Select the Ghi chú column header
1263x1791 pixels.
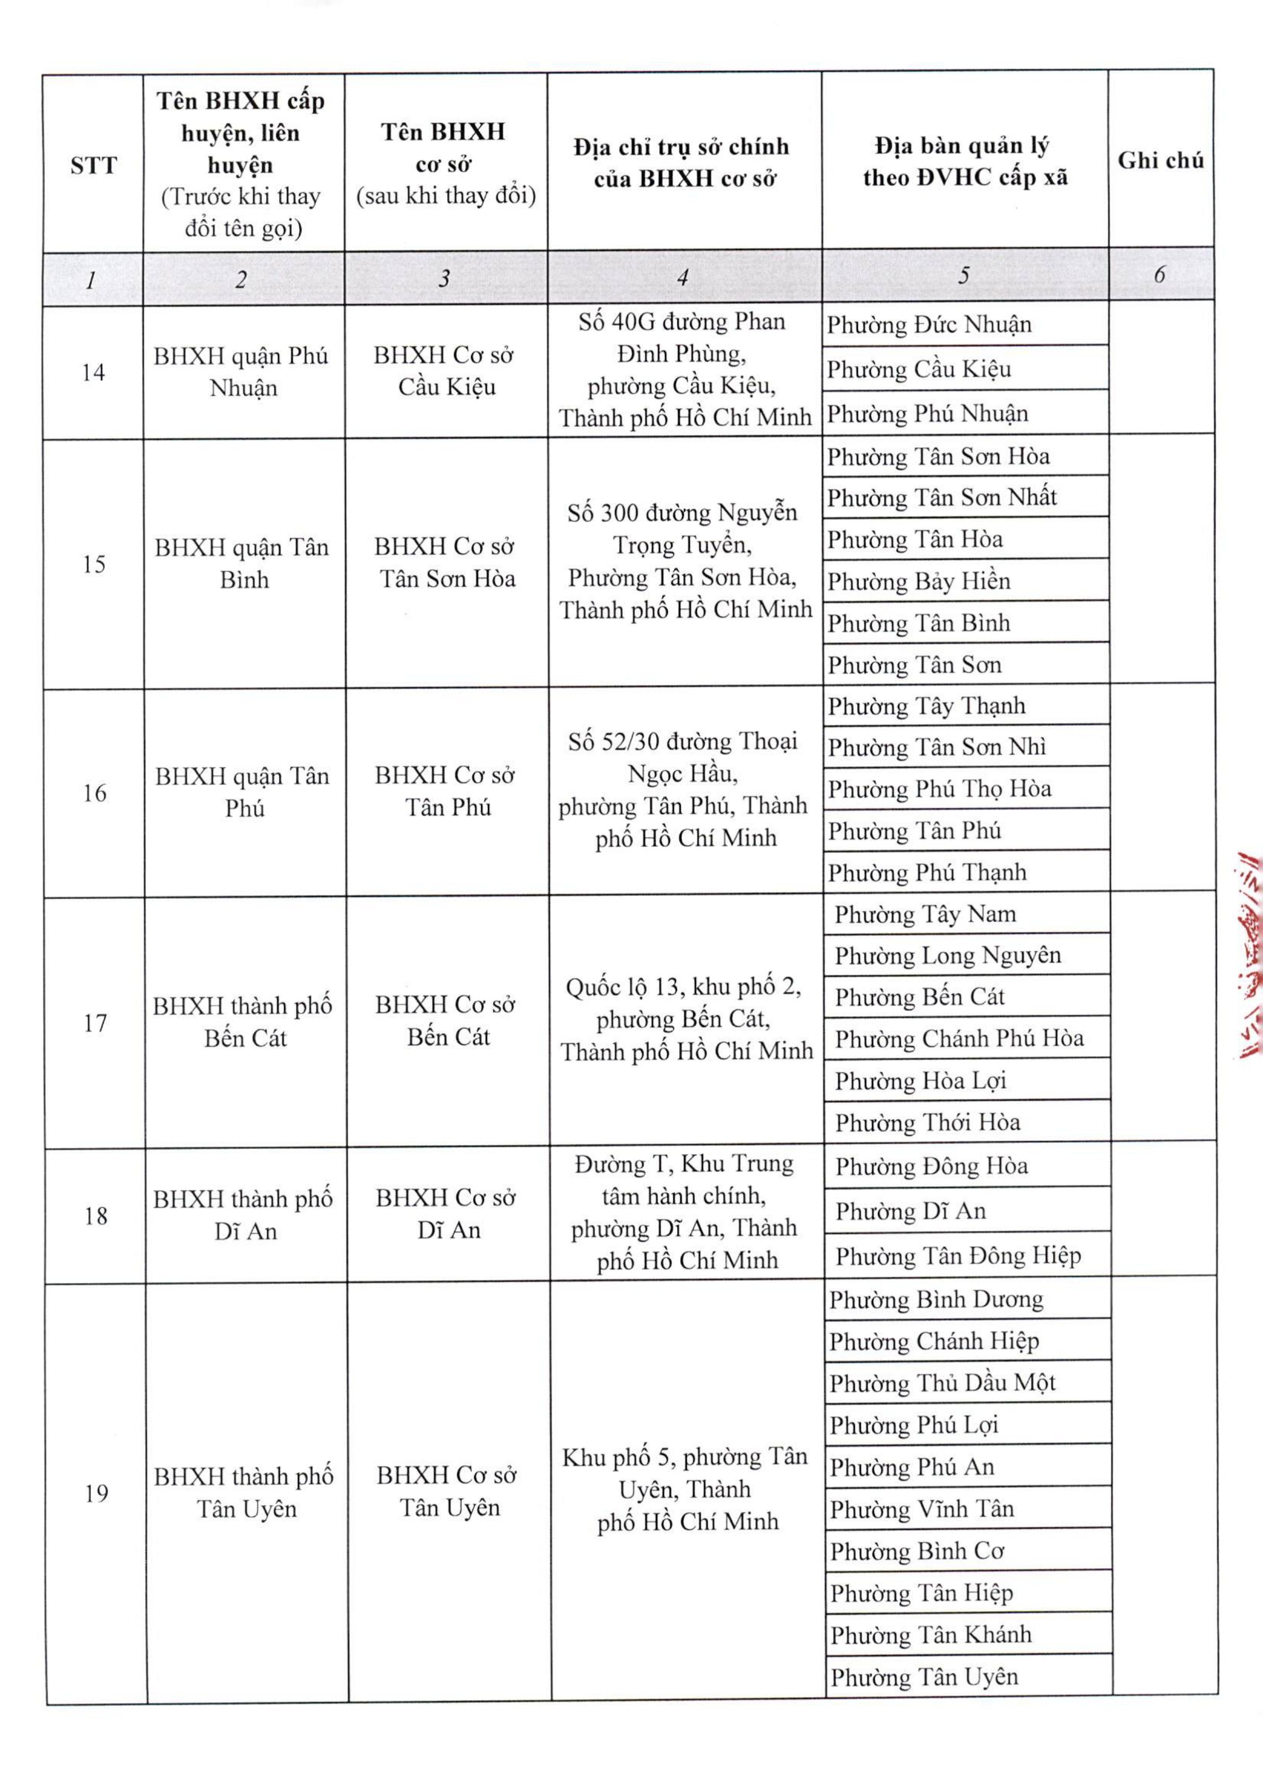point(1160,160)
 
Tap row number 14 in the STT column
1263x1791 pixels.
point(93,372)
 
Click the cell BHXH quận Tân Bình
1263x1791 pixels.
point(243,563)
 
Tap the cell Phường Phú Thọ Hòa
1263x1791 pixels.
point(940,789)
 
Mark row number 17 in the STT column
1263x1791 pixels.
point(95,1023)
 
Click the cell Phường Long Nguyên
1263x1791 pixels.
point(947,956)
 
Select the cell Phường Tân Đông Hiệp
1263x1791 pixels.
point(957,1256)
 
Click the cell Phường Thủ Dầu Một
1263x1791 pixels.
point(942,1384)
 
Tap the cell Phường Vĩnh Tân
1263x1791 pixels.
point(922,1509)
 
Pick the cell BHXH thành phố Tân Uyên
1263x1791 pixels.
point(245,1493)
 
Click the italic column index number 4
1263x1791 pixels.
point(683,277)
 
